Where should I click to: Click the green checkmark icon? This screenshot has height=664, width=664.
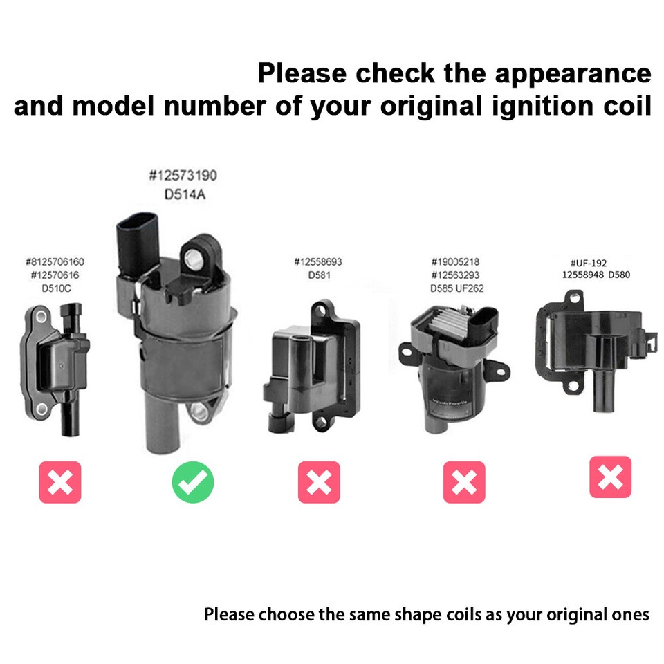pyautogui.click(x=193, y=482)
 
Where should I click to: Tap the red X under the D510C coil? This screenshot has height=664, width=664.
pyautogui.click(x=60, y=482)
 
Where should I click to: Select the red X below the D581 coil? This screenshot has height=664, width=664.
pyautogui.click(x=319, y=482)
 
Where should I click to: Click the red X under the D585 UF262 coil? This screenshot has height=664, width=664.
pyautogui.click(x=464, y=482)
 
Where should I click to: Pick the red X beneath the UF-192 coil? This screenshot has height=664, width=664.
pyautogui.click(x=610, y=477)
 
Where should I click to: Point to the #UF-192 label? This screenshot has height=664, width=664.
pyautogui.click(x=588, y=263)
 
